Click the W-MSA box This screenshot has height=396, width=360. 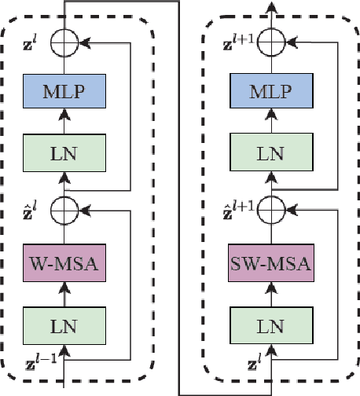[x=62, y=260]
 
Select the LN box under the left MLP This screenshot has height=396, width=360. [x=62, y=151]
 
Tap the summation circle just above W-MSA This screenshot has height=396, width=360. [x=62, y=207]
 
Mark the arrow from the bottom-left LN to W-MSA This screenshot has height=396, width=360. [x=62, y=292]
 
